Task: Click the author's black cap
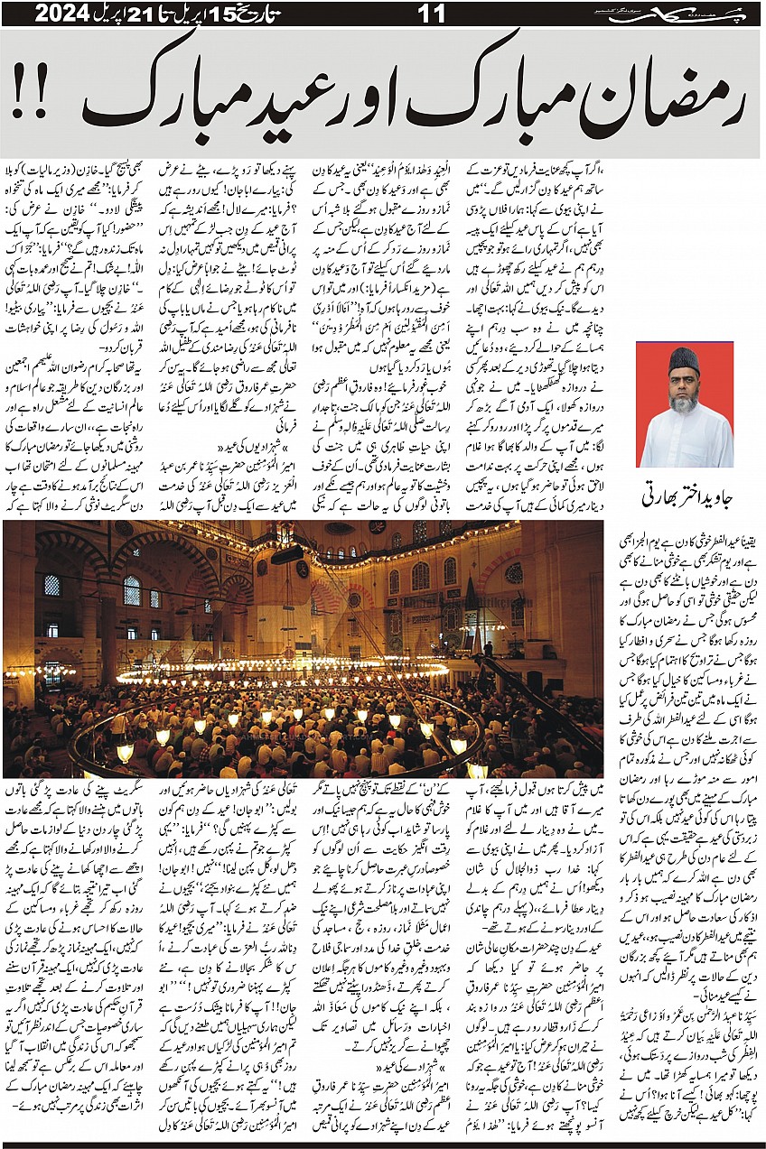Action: pyautogui.click(x=685, y=361)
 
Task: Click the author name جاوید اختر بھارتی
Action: pyautogui.click(x=685, y=494)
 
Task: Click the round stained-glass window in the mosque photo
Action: pyautogui.click(x=514, y=573)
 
